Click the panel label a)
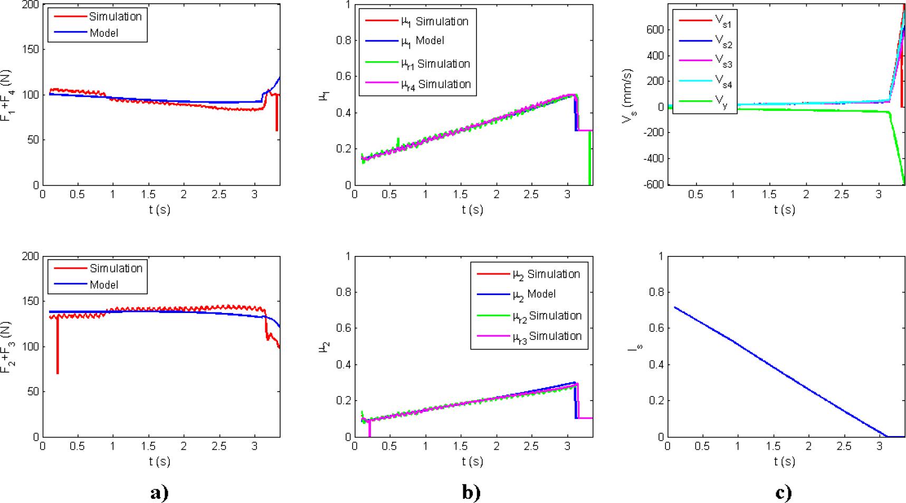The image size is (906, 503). [x=159, y=492]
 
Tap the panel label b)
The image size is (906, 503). [x=472, y=492]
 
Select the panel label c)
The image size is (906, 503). [x=784, y=492]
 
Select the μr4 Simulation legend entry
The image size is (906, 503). [x=436, y=84]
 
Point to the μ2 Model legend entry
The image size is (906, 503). [x=534, y=295]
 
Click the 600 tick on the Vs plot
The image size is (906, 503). [x=654, y=30]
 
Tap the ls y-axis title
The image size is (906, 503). [x=637, y=348]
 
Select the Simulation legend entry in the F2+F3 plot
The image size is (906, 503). [x=116, y=268]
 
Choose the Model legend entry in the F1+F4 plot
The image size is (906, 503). [x=103, y=33]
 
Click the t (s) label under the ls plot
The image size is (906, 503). [x=784, y=461]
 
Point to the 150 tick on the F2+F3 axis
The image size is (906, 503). [x=33, y=301]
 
